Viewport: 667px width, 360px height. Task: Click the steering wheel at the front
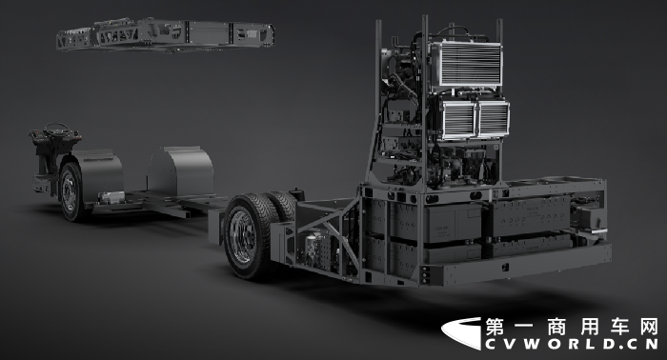click(x=57, y=130)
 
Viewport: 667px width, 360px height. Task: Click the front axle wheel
click(x=71, y=192)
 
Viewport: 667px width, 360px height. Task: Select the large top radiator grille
click(x=467, y=64)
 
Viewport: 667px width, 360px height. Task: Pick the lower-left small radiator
click(x=457, y=120)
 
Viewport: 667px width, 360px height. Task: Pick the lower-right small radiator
click(x=494, y=119)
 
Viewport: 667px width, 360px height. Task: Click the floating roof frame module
click(x=166, y=34)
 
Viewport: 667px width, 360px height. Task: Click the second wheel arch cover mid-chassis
click(x=181, y=170)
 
